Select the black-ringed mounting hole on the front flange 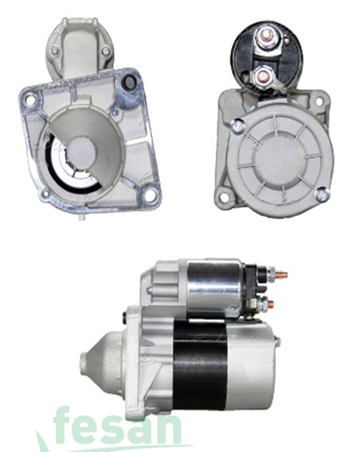[125, 82]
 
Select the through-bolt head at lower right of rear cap [322, 194]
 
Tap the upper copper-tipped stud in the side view [280, 275]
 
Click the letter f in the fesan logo [67, 424]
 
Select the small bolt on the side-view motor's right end [276, 342]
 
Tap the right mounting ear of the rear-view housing [323, 101]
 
